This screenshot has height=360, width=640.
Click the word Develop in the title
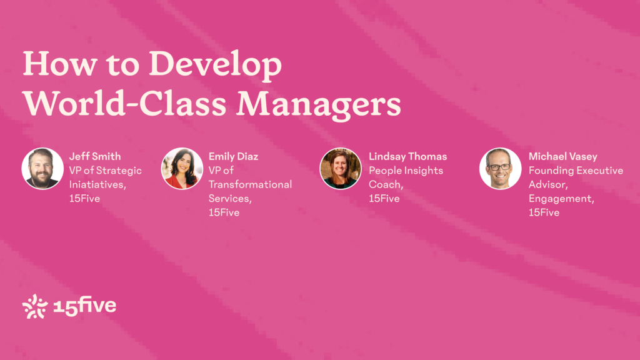215,64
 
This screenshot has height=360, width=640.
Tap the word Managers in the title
319,104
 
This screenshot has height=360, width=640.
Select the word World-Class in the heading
124,103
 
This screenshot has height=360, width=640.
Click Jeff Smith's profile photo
42,169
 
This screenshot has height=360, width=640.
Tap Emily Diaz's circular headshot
182,169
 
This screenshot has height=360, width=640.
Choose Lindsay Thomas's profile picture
341,169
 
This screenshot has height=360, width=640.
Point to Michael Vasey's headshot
501,169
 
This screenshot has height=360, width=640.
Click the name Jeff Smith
95,156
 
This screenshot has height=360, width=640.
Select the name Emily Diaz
234,156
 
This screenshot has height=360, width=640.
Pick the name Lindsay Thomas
407,156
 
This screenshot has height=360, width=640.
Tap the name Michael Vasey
563,156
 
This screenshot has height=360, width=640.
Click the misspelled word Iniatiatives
97,184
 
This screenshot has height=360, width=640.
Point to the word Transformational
250,184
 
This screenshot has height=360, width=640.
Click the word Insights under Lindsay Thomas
423,171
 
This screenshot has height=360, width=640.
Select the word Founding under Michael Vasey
547,171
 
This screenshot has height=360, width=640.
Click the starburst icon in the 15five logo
35,306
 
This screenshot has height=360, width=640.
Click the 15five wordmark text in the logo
85,306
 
